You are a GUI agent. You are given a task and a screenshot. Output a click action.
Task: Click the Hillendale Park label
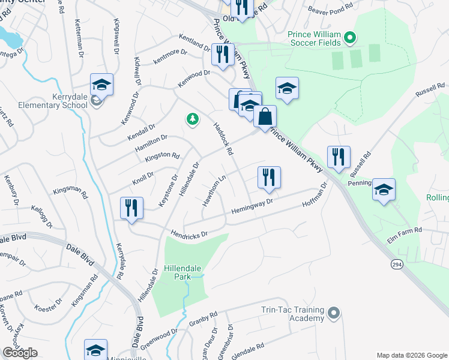pos(177,272)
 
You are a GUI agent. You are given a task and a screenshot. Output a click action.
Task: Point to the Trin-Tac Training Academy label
pos(292,314)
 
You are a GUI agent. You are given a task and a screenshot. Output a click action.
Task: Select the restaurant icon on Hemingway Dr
pos(269,177)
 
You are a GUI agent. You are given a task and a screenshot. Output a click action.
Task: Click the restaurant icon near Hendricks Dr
pos(130,208)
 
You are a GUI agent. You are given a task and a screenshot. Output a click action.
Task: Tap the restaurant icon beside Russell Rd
pos(339,157)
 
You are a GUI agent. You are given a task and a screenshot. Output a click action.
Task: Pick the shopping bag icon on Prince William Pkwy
pos(265,116)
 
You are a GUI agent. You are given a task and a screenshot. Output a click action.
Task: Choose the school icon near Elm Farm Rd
pos(384,190)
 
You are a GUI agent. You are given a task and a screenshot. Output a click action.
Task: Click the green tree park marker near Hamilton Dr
pos(192,120)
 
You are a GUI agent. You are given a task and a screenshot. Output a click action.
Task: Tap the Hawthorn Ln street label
pos(213,191)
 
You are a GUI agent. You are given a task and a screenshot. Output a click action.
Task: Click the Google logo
pos(20,352)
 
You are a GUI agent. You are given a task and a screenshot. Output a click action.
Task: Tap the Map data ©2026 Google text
pos(412,355)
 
